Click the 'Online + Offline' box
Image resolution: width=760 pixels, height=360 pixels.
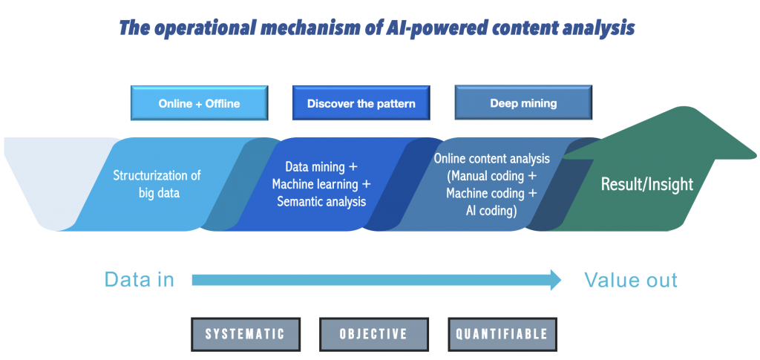(199, 103)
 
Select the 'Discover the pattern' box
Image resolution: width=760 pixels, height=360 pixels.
(361, 103)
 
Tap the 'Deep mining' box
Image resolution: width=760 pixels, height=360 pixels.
(523, 102)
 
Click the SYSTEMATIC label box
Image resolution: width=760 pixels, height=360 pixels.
(246, 334)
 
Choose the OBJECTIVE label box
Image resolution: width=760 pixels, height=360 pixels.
(374, 334)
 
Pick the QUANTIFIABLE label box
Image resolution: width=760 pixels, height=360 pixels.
(502, 334)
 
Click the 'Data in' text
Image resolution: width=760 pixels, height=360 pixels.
(140, 280)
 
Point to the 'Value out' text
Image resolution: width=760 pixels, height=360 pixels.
(631, 280)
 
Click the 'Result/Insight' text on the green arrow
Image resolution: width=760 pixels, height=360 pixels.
(647, 184)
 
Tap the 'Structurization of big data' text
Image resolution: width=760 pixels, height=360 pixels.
(157, 184)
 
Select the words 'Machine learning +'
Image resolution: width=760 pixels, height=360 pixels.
(321, 185)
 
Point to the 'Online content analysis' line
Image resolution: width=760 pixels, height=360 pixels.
(492, 158)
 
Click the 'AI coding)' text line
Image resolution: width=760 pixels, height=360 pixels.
(492, 212)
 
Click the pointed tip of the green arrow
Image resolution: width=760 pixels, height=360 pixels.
(756, 157)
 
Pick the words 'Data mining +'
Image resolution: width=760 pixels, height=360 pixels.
(321, 167)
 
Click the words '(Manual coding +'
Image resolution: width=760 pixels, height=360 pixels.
(492, 176)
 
